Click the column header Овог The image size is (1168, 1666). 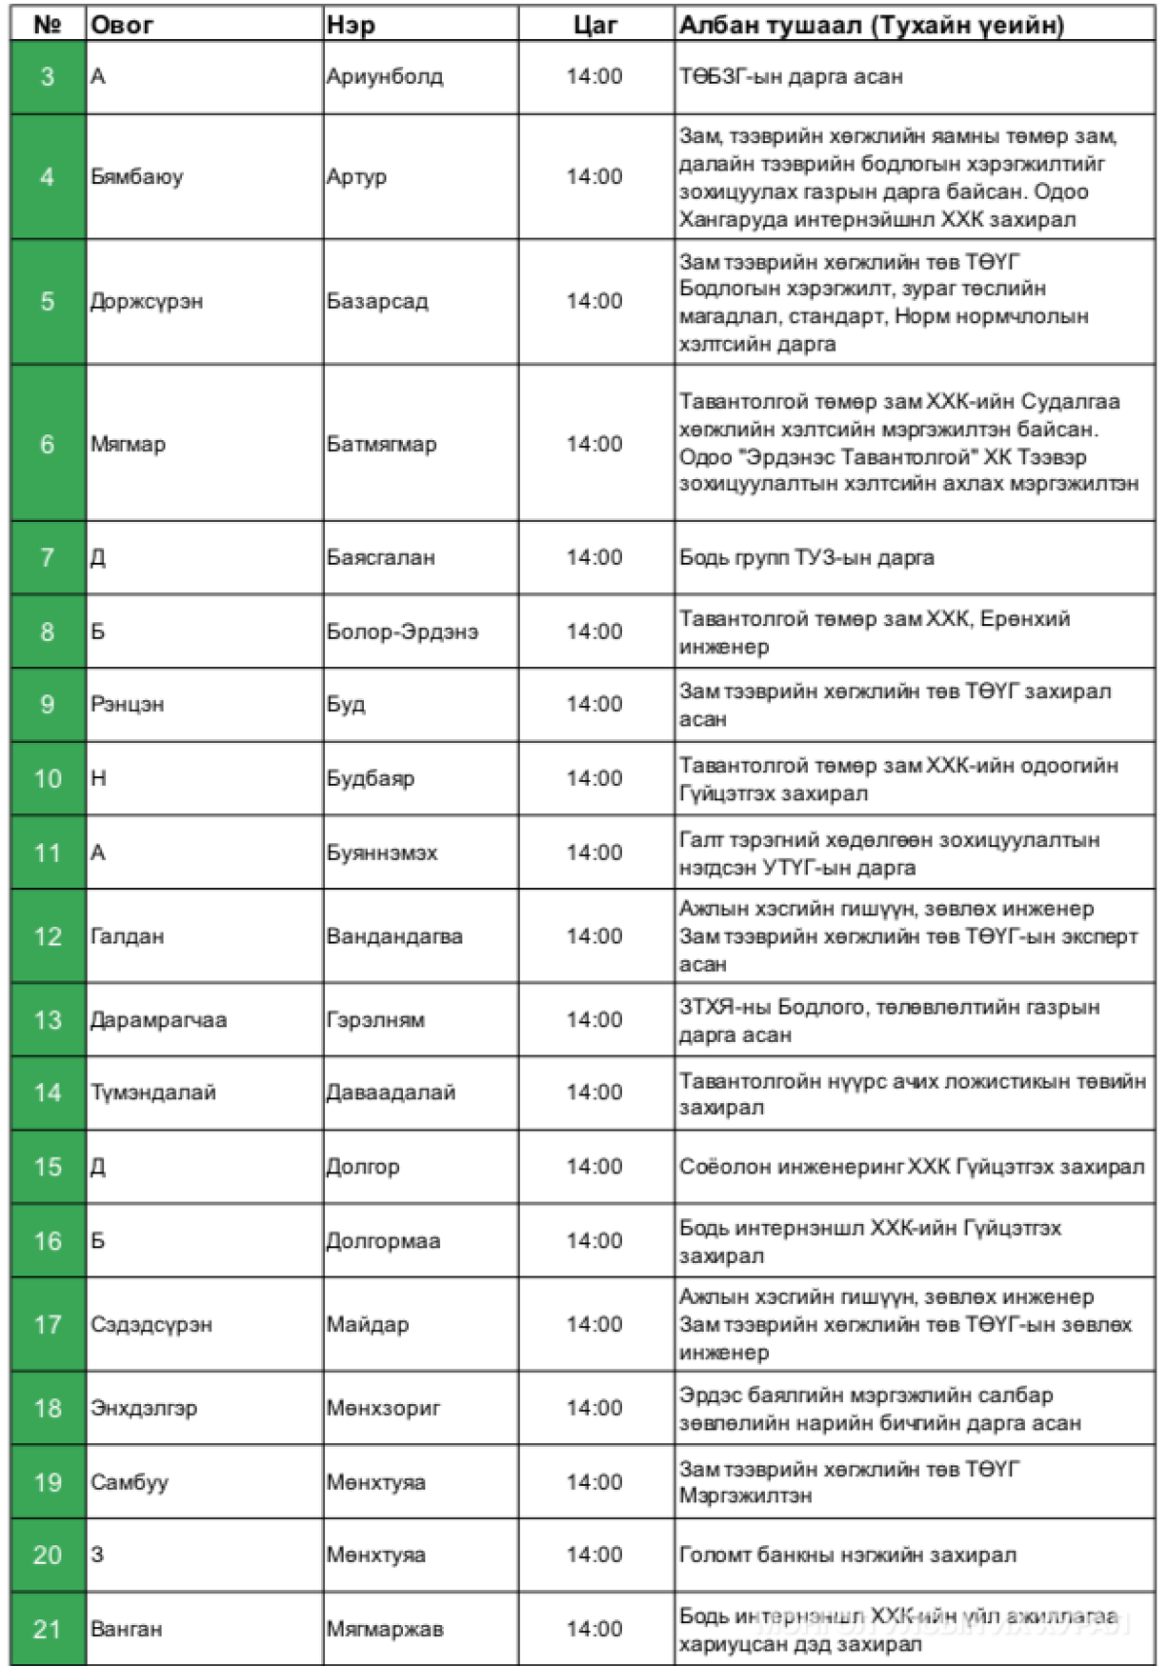(123, 25)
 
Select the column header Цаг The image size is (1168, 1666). (594, 25)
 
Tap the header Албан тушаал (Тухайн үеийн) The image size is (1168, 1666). (871, 25)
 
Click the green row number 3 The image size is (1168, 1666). (48, 77)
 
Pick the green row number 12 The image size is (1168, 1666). (48, 937)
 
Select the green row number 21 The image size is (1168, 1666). (48, 1629)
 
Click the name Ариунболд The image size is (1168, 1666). (384, 77)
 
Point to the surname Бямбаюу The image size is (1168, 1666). (136, 177)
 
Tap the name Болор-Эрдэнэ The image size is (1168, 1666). (402, 632)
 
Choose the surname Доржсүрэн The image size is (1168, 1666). (146, 302)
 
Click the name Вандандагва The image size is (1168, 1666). (394, 937)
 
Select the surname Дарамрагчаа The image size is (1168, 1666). (159, 1020)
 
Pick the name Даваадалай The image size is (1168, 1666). (390, 1092)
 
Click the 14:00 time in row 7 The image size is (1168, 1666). (594, 558)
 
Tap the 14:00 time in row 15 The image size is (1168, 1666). (594, 1166)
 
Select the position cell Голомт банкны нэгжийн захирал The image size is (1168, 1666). (847, 1555)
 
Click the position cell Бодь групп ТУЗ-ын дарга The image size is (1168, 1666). (806, 558)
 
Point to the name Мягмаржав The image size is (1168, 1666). (384, 1629)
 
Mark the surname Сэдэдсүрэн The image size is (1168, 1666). (151, 1324)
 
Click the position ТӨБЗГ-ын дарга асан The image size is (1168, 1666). (790, 77)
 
